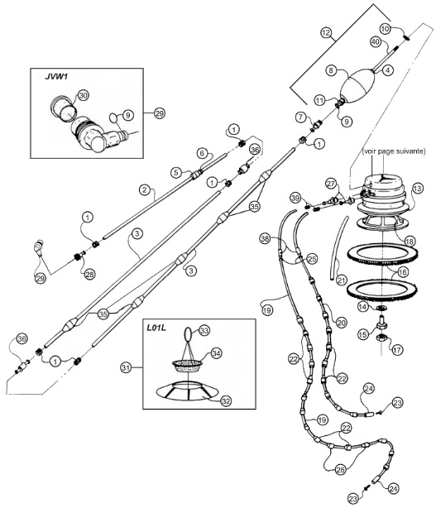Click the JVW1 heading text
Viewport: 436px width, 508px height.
[56, 77]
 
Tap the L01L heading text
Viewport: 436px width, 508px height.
[156, 328]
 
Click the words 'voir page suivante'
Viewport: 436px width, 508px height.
[394, 151]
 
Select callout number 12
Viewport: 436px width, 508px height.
[326, 33]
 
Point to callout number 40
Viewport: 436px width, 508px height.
[376, 42]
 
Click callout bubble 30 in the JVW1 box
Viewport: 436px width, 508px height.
[84, 96]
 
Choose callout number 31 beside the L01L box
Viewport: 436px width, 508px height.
[126, 367]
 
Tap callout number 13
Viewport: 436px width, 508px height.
[417, 189]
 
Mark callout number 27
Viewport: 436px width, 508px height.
[331, 184]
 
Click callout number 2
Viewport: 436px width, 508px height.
[145, 189]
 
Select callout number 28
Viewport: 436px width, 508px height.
[89, 274]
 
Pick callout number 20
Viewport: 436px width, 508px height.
[341, 323]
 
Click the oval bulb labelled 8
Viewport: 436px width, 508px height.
[357, 85]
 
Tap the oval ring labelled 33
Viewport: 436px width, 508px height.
[188, 333]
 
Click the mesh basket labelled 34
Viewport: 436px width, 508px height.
[188, 367]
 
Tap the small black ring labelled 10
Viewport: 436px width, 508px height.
[407, 37]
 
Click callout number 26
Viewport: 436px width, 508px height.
[340, 469]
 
